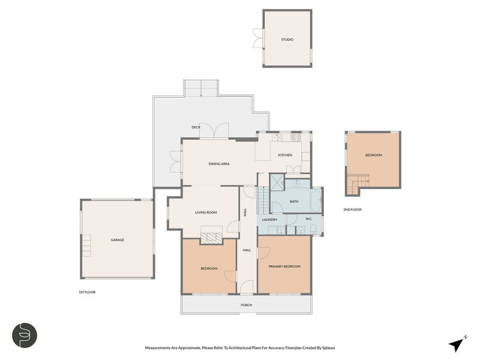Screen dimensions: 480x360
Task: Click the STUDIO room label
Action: point(287,40)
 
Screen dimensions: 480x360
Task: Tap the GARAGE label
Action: point(117,240)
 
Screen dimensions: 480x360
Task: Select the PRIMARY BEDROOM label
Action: point(284,266)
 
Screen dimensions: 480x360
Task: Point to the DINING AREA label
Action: point(219,164)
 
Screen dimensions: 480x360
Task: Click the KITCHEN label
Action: point(285,155)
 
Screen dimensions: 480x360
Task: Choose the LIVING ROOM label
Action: point(206,212)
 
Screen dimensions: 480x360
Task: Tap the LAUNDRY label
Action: point(269,220)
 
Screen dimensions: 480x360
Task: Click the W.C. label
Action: point(308,219)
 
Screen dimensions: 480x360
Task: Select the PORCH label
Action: point(246,305)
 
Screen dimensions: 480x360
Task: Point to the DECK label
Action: point(196,127)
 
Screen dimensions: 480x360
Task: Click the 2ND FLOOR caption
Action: point(352,209)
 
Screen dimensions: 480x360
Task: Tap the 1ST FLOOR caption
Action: point(87,292)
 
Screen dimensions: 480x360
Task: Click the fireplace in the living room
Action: point(211,236)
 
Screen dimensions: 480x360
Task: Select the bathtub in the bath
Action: point(316,200)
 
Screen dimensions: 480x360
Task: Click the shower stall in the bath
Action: point(277,182)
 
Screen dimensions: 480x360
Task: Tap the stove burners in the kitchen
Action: point(296,137)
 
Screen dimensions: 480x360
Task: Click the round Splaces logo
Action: point(25,335)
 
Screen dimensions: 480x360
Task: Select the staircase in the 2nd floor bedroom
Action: point(358,184)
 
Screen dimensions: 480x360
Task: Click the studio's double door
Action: point(258,38)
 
